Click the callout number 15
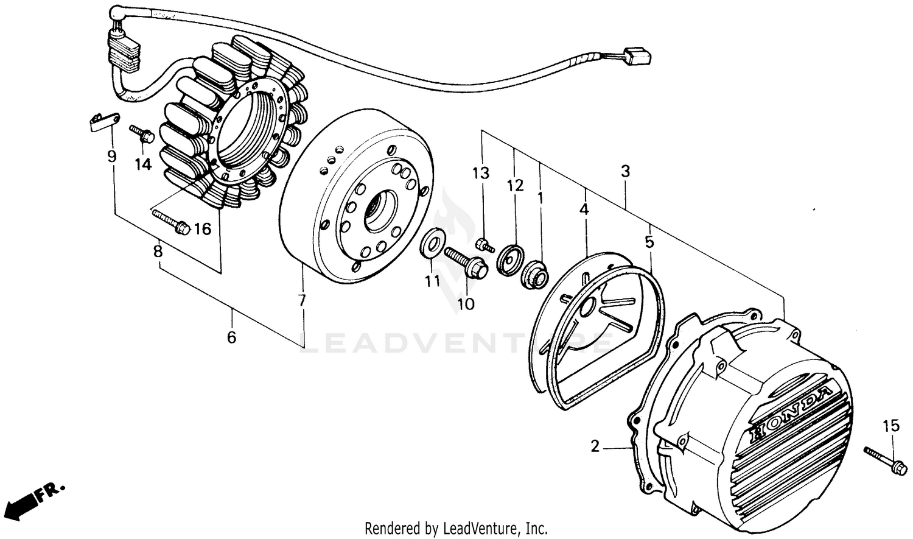tap(890, 426)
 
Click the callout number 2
tap(595, 446)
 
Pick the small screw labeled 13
tap(484, 245)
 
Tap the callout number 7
tap(302, 300)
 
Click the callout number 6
tap(231, 337)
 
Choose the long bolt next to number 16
tap(171, 221)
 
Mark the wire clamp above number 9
tap(100, 121)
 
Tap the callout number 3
tap(625, 172)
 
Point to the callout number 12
tap(515, 185)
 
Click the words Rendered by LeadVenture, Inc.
tap(456, 527)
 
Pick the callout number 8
tap(158, 251)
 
